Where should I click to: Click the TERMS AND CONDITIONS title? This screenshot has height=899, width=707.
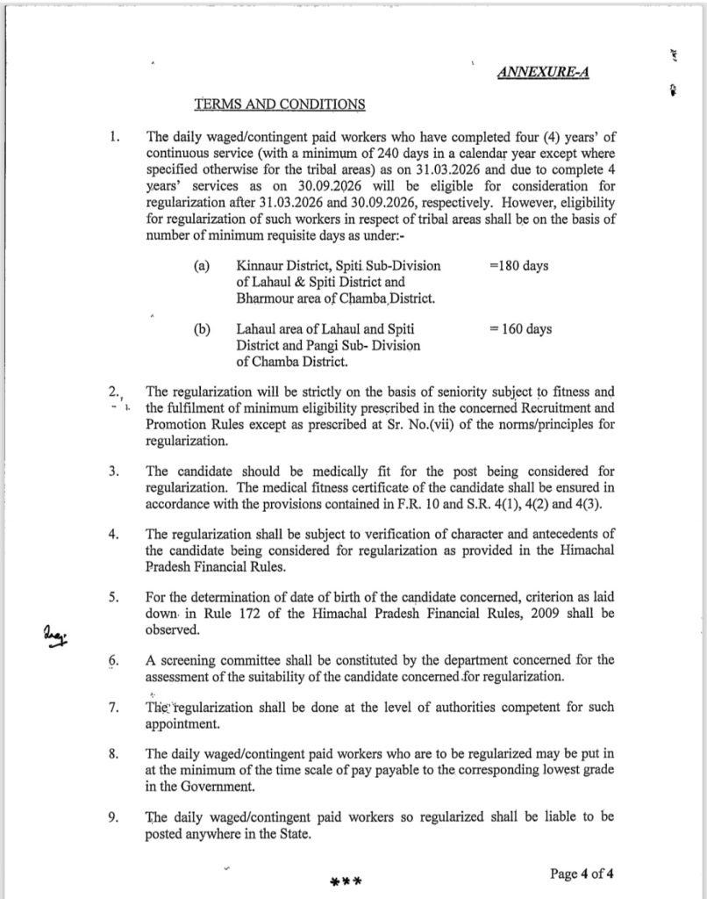[x=280, y=104]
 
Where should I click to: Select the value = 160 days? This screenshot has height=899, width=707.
[x=521, y=329]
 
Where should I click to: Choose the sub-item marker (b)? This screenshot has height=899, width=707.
[x=202, y=329]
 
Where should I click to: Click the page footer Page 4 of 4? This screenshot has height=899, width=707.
[x=587, y=874]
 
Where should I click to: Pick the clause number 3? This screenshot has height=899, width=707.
[x=114, y=471]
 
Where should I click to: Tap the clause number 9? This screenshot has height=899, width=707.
[x=114, y=816]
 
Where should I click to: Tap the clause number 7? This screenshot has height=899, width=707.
[x=114, y=708]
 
